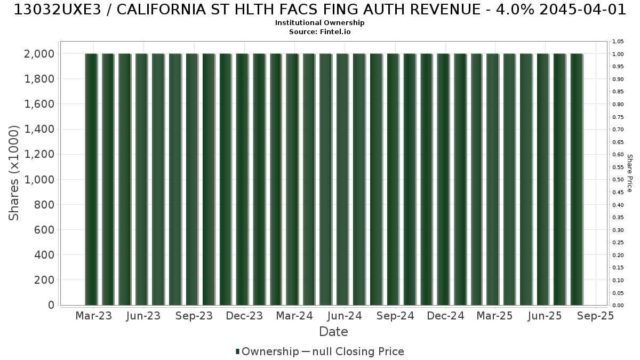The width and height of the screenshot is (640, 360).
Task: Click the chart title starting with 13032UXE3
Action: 320,10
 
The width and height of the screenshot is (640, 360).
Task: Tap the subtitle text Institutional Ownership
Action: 319,23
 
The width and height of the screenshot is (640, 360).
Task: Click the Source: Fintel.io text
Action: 319,31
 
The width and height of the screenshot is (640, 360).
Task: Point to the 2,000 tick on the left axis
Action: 39,54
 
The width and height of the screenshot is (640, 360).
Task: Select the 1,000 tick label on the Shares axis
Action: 39,180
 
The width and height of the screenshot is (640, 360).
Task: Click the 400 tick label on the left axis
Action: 44,255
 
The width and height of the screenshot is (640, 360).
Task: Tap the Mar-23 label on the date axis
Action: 94,316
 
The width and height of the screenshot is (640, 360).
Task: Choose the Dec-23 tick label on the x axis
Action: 244,316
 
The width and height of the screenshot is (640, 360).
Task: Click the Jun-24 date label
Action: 345,316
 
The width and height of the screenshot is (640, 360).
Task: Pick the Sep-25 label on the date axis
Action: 595,316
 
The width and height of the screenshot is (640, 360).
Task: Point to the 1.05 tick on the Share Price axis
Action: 618,42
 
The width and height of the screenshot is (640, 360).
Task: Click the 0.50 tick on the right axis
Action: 618,180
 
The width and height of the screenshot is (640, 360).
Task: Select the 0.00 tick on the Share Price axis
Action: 618,306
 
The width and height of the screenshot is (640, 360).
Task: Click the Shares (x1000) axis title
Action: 13,173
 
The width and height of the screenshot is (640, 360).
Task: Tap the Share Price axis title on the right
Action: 630,173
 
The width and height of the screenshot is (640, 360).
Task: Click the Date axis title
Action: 333,332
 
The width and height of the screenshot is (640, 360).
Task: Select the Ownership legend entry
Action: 267,351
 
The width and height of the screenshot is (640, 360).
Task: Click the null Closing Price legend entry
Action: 353,351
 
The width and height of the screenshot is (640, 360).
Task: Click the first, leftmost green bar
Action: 91,179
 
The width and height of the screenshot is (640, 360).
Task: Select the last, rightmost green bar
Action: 577,179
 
